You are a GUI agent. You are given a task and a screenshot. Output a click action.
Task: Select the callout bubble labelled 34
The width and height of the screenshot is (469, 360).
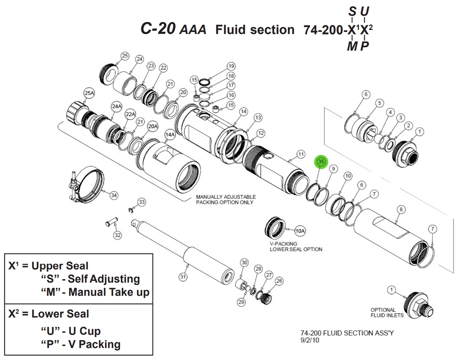(x=114, y=195)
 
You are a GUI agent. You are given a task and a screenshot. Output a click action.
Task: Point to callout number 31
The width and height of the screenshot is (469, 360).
(x=183, y=276)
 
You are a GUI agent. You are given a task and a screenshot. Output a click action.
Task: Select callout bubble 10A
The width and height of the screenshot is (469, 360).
(x=300, y=231)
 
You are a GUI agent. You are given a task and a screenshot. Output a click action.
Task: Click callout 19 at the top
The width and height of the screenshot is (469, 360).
(x=231, y=66)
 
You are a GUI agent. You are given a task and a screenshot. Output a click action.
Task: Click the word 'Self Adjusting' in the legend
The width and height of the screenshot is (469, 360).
(x=104, y=279)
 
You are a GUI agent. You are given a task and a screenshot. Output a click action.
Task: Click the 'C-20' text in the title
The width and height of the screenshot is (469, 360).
(x=159, y=29)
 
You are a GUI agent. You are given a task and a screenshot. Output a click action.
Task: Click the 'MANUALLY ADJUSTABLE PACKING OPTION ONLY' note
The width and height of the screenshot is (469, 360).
(x=226, y=200)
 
